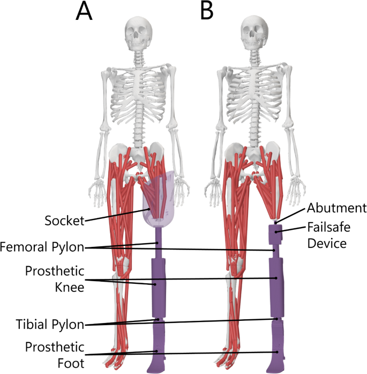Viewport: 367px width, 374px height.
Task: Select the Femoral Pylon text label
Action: point(42,247)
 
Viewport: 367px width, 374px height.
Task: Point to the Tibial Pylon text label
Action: point(50,324)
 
